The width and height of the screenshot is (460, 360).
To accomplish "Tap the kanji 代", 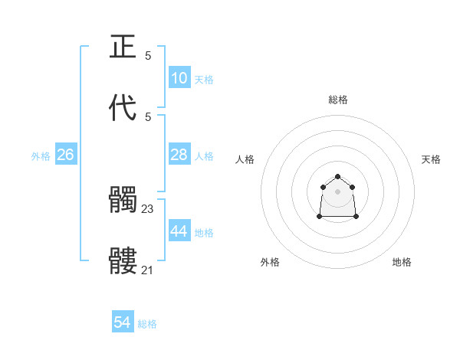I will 123,107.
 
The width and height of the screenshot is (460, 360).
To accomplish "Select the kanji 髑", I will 123,201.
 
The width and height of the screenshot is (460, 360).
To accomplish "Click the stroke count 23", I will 148,208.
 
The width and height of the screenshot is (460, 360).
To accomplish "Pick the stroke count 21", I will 148,270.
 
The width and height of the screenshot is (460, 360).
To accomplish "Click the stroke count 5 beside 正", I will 148,55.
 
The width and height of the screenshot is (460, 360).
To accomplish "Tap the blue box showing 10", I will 179,78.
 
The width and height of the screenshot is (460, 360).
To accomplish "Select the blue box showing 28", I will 179,155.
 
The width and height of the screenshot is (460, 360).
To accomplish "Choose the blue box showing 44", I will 179,231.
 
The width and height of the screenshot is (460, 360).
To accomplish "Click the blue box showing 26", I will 65,155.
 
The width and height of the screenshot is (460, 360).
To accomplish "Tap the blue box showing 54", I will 122,322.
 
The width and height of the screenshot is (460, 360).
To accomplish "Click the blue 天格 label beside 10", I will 204,80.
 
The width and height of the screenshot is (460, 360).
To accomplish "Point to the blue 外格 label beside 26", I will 41,156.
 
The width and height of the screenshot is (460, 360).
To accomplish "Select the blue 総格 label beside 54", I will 147,324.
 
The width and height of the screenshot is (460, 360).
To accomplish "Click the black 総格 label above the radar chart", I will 338,100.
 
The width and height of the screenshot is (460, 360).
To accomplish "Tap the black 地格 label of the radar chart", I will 402,262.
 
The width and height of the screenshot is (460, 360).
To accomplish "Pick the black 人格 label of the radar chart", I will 245,159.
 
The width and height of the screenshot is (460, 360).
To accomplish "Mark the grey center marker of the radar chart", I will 338,191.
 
